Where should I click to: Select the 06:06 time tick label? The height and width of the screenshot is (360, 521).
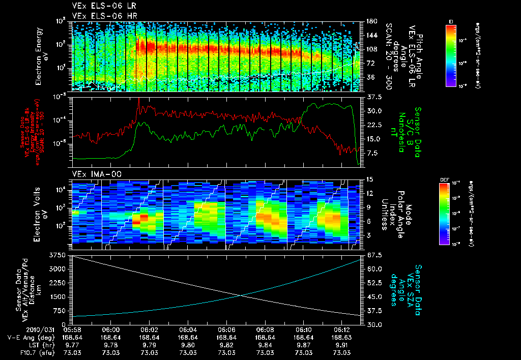(226, 329)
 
